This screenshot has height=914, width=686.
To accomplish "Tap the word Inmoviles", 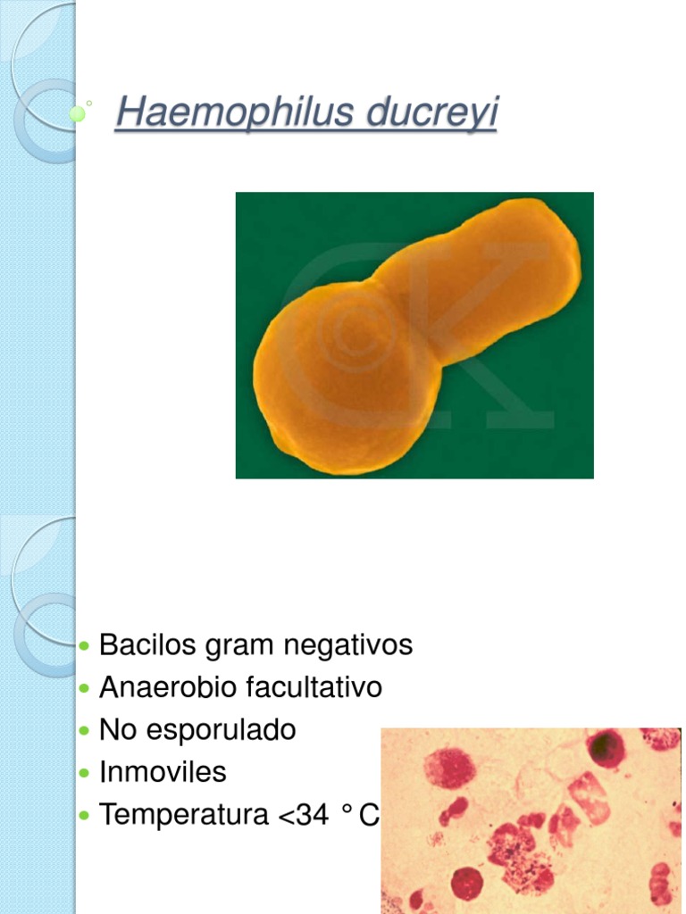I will click(163, 772).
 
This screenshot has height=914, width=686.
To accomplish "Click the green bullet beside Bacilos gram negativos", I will click(85, 645).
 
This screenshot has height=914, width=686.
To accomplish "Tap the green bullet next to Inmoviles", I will click(85, 773).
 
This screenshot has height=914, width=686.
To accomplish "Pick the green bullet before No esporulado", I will click(85, 731).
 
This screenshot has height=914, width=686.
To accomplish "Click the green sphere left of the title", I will click(78, 113).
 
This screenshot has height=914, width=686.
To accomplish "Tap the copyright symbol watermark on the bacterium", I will click(357, 335).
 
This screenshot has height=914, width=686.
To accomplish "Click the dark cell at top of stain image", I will click(606, 748).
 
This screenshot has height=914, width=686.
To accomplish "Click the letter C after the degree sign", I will click(369, 815).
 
